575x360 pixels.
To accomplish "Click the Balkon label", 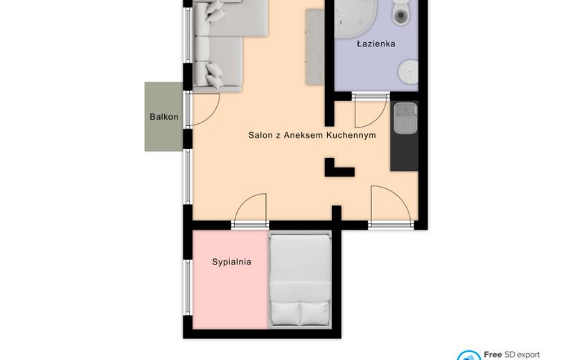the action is tap(164, 117).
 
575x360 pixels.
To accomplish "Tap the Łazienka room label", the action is tap(376, 44).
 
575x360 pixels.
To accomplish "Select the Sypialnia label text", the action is tap(232, 262).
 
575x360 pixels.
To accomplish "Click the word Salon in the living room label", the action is tap(260, 135).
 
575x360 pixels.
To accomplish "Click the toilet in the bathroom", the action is tap(401, 13).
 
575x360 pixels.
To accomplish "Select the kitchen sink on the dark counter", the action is tap(405, 118).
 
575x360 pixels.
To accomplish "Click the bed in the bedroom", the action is tap(301, 280).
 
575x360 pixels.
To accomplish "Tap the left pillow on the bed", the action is tap(285, 314).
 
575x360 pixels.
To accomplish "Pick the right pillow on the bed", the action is tap(315, 314).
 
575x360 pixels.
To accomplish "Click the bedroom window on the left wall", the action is tap(188, 287).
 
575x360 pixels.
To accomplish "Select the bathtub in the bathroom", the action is tap(355, 18).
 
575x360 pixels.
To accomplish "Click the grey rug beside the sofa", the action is tap(315, 47).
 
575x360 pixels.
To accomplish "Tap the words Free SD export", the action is tap(511, 355).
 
